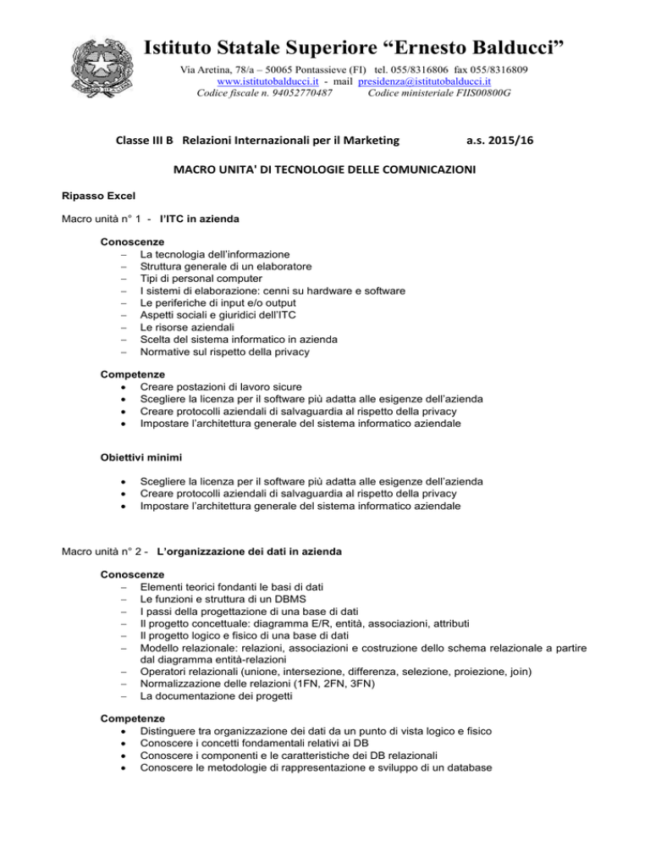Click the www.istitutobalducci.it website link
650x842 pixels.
point(255,81)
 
